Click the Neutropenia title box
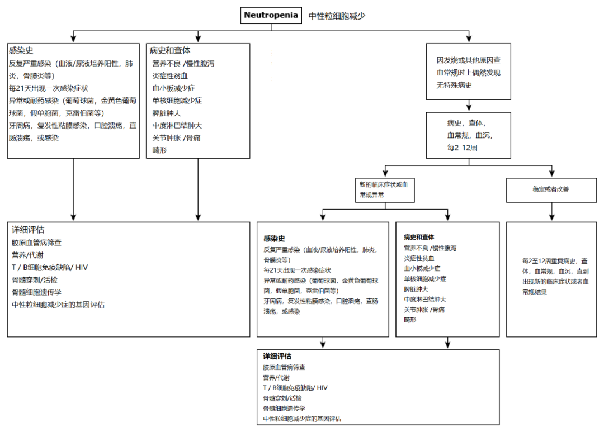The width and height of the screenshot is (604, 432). pos(272,15)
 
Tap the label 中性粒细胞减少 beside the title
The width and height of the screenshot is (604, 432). pos(337,16)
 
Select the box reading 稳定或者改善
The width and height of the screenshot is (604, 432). pos(551,189)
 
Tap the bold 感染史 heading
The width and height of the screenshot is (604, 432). pos(274,238)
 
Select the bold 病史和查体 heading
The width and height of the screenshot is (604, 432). pos(419,237)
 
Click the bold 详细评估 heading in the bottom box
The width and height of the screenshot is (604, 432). pos(277,356)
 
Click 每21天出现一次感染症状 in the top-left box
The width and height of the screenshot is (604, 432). pos(49,88)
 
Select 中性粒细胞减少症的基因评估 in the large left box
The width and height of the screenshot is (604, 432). pos(58,305)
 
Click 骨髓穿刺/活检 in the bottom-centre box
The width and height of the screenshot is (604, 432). pos(282,398)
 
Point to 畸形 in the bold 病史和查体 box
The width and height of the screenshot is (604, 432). pos(410,320)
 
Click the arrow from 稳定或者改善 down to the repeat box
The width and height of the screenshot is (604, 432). pos(553,211)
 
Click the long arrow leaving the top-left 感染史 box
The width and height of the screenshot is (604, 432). pos(73,189)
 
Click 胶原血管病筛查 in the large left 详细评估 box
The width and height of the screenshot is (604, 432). pos(37,243)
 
